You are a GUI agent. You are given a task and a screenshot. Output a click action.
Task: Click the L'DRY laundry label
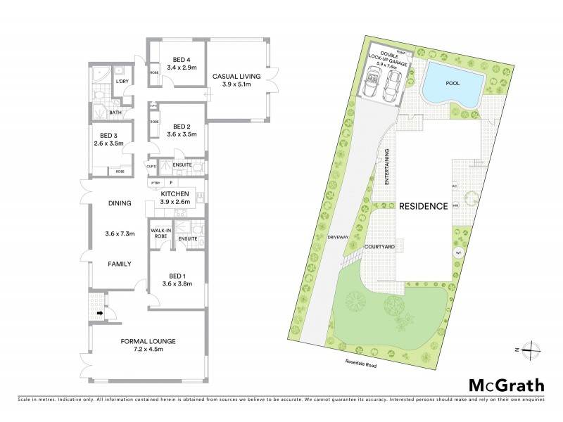(x=122, y=82)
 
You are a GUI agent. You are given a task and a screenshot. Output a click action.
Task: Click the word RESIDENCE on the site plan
(x=424, y=207)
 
